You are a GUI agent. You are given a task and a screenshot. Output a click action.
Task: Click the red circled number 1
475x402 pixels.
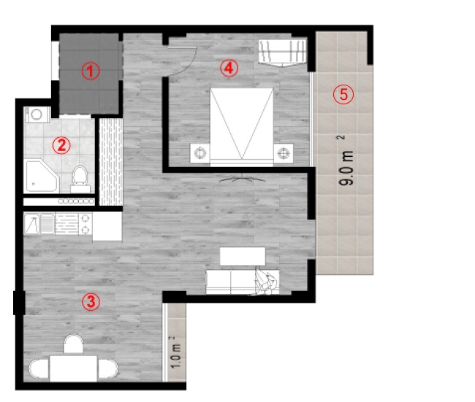point(91,71)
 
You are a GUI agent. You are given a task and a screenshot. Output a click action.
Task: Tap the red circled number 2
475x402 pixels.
point(61,145)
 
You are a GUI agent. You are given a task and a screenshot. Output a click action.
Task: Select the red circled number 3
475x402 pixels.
point(91,302)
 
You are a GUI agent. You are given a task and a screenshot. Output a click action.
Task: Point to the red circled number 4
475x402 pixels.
point(229,68)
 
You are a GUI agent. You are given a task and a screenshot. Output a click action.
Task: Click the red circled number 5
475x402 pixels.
point(343,94)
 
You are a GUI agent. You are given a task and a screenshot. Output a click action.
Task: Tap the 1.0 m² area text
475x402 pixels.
point(175,352)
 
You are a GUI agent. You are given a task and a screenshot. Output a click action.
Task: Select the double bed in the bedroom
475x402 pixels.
point(242,127)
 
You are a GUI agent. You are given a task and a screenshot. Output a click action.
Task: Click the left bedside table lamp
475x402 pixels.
point(200,153)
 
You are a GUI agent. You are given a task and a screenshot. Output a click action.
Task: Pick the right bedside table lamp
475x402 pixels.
point(284,153)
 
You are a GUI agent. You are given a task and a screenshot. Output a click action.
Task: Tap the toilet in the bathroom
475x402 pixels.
point(80,179)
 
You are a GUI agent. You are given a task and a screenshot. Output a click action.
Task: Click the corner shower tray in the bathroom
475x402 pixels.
point(42,177)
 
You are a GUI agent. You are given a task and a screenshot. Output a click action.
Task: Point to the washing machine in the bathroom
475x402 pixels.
point(37,115)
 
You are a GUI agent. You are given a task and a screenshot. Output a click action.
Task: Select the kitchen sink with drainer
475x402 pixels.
point(39,224)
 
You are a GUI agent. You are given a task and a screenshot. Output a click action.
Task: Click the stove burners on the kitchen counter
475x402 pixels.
point(85,224)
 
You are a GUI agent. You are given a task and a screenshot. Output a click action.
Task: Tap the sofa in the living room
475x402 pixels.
point(243,282)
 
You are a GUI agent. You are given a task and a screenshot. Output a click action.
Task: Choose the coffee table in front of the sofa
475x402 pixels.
point(243,256)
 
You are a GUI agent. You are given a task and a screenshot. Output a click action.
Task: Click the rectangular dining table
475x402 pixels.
point(74,368)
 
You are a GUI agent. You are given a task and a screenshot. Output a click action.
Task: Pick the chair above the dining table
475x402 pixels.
point(73,344)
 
